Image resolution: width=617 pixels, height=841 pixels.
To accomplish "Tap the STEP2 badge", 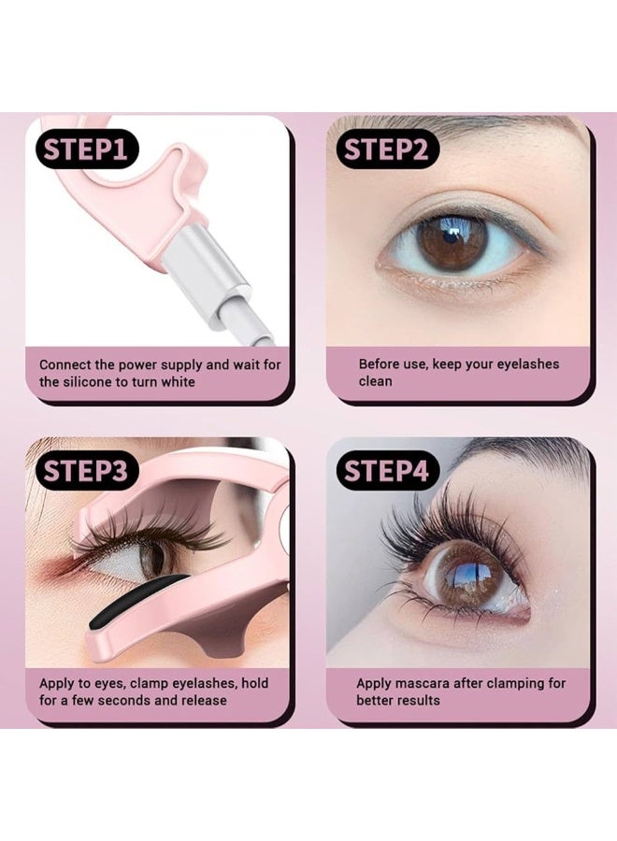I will (387, 150).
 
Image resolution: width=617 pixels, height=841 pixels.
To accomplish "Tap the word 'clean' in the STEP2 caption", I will (375, 381).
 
